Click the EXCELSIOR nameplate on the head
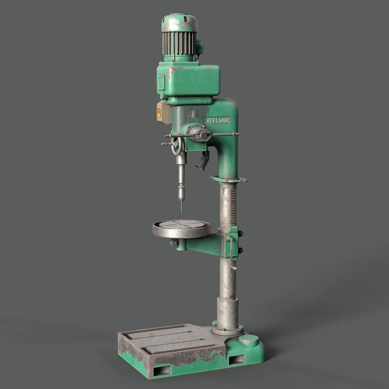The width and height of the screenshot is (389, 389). [x=217, y=120]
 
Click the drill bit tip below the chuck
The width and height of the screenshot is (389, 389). [x=182, y=212]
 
